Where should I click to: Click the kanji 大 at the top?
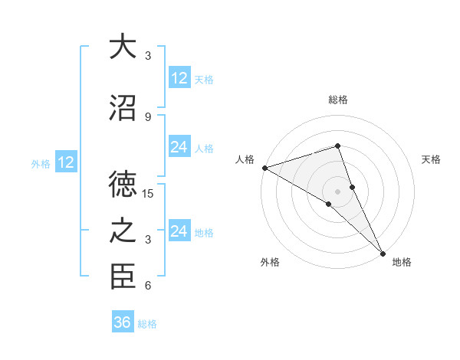(x=122, y=47)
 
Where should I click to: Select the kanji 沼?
(x=122, y=108)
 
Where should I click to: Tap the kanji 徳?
(x=122, y=184)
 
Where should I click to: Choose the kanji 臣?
(x=122, y=277)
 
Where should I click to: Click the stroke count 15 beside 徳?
(x=148, y=194)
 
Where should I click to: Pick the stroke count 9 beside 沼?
(x=148, y=116)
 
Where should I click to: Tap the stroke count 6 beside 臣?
(x=148, y=286)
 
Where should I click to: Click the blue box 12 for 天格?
(x=179, y=78)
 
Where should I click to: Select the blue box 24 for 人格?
(x=179, y=147)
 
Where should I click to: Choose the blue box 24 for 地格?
(x=179, y=231)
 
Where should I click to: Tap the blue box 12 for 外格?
(x=66, y=162)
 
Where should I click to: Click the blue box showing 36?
(x=123, y=322)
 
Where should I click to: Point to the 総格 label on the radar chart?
(x=338, y=100)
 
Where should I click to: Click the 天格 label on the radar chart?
(x=432, y=159)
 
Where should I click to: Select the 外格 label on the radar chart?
(x=270, y=262)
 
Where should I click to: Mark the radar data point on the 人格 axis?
(x=264, y=167)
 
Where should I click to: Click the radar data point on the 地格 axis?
(x=383, y=253)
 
